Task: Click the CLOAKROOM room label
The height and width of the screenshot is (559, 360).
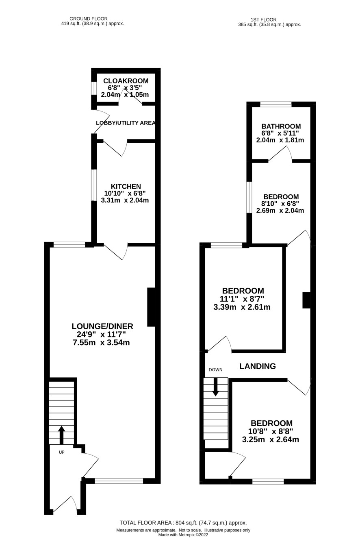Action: click(x=126, y=81)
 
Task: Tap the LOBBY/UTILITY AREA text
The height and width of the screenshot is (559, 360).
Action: click(x=126, y=123)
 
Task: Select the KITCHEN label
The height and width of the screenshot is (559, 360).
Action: click(x=126, y=187)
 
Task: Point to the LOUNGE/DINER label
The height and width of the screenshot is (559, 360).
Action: click(x=102, y=326)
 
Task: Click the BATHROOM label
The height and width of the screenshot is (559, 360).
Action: click(x=281, y=126)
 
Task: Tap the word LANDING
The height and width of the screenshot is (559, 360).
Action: click(x=258, y=366)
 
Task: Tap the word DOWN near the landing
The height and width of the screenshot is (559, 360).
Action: click(x=215, y=370)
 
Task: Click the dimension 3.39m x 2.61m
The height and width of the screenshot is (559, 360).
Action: click(x=242, y=307)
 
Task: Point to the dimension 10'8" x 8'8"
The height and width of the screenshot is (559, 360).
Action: click(x=271, y=431)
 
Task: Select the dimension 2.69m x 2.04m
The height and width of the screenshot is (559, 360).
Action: click(x=280, y=210)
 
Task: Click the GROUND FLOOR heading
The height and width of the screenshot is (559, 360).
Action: click(x=89, y=19)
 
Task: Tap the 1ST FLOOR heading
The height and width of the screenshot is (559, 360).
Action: click(x=263, y=20)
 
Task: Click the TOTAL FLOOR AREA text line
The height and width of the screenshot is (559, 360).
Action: click(x=183, y=523)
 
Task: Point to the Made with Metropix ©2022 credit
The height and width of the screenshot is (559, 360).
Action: click(x=183, y=535)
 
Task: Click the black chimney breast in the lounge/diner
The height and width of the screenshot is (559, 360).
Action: click(x=151, y=307)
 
